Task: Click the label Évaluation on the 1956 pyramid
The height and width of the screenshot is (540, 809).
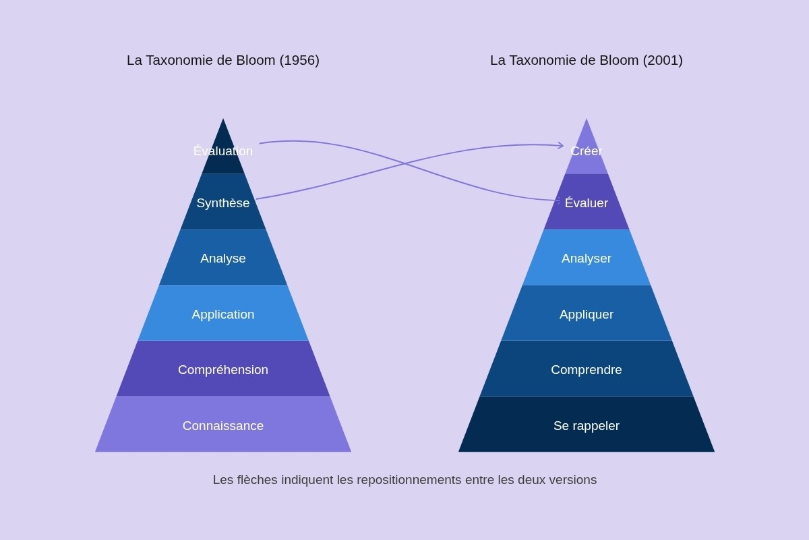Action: [223, 151]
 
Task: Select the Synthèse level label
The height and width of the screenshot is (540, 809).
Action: [223, 203]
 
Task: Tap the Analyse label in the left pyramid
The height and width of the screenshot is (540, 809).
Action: [223, 259]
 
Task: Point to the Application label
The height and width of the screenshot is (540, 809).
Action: [223, 315]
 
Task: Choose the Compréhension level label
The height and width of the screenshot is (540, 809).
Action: [223, 370]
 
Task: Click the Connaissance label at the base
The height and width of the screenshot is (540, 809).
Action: [223, 426]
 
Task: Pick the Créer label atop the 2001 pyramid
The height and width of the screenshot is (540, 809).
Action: [587, 151]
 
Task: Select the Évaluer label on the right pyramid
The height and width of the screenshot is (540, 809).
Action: [587, 203]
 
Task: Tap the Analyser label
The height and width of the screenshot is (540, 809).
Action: [587, 259]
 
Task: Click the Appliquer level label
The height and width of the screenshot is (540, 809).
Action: [587, 315]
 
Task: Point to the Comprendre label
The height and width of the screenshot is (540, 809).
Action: [587, 370]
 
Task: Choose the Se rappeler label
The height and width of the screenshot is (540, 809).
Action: [587, 426]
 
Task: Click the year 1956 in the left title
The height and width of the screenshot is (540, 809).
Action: [299, 60]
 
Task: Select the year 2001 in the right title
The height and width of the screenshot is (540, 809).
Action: [663, 60]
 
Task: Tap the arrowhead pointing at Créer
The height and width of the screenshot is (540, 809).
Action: [560, 145]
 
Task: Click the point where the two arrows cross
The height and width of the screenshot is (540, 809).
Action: [404, 163]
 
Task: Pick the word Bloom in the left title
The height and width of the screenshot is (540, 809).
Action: [256, 60]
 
